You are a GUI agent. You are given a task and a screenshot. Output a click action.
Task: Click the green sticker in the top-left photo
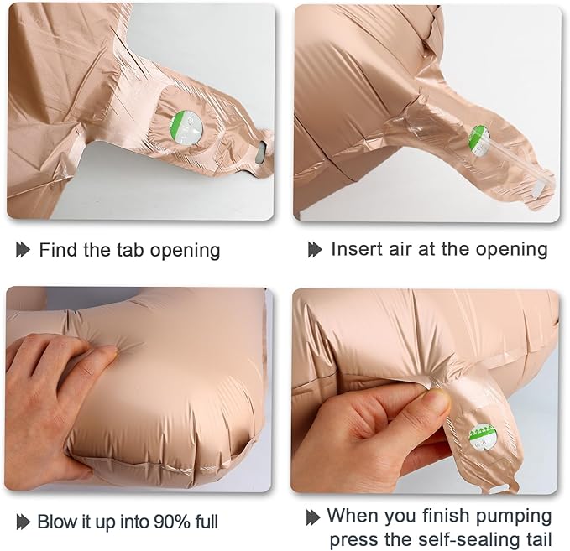pyautogui.click(x=186, y=128)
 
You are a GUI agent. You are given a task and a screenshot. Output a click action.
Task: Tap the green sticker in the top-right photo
pyautogui.click(x=479, y=141)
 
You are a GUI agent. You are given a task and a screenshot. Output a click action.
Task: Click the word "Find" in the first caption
pyautogui.click(x=59, y=250)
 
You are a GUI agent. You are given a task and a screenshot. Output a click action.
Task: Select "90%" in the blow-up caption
pyautogui.click(x=171, y=522)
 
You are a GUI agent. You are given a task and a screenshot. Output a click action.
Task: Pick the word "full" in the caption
pyautogui.click(x=207, y=522)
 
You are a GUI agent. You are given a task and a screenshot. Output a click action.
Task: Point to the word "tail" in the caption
pyautogui.click(x=536, y=539)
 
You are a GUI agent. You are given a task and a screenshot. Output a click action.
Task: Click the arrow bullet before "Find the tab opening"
pyautogui.click(x=23, y=250)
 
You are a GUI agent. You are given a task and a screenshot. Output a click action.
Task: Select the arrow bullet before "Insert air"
pyautogui.click(x=315, y=250)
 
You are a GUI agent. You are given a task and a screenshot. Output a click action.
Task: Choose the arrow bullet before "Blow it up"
pyautogui.click(x=24, y=522)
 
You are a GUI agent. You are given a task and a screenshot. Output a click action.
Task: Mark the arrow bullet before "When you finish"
pyautogui.click(x=313, y=517)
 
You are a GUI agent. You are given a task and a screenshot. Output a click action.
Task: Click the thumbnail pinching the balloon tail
pyautogui.click(x=437, y=398)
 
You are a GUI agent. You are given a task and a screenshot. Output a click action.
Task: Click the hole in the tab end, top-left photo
pyautogui.click(x=261, y=151)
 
